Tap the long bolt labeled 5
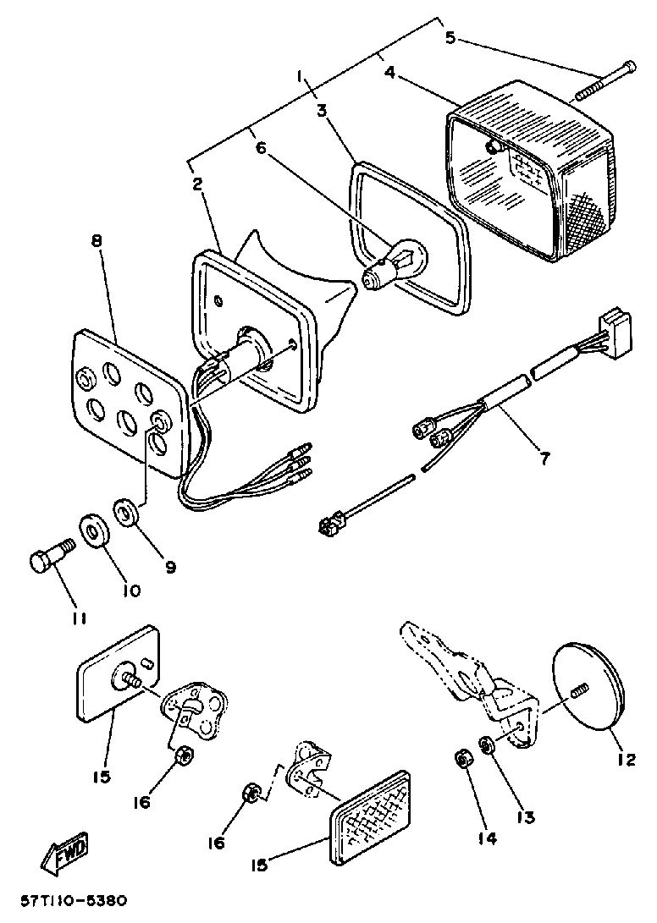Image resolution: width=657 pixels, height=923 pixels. [605, 80]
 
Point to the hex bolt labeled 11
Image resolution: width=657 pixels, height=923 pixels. [49, 559]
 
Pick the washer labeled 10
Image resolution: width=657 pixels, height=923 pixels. [94, 531]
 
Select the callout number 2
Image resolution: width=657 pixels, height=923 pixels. [196, 184]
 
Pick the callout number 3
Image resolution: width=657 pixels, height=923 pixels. [323, 110]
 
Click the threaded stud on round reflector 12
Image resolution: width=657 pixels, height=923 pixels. [579, 690]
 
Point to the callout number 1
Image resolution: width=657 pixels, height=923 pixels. [299, 77]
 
